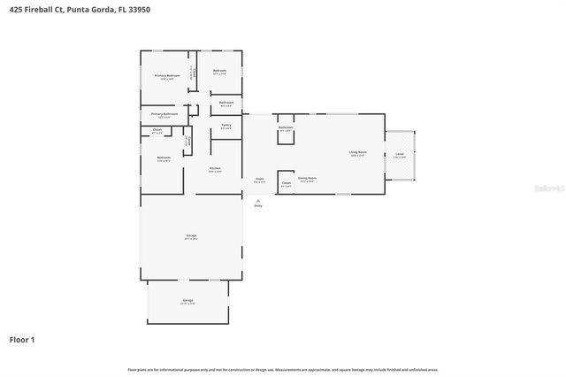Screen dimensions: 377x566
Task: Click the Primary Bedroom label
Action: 167,76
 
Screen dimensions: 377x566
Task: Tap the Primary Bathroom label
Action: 164,114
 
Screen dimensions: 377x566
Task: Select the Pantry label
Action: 226,127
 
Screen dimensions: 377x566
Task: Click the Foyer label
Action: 260,180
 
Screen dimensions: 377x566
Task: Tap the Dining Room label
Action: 307,179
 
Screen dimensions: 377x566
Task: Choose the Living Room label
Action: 357,153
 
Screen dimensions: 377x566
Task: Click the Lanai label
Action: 400,155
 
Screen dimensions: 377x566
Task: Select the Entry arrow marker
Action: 258,201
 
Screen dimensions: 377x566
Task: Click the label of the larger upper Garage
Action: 191,236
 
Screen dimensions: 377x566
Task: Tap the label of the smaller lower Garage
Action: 187,301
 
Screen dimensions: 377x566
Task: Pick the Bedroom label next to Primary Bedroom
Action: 219,71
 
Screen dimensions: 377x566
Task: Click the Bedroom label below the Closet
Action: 164,158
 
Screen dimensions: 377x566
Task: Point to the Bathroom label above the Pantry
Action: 226,103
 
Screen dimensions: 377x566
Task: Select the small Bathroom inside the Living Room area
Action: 286,128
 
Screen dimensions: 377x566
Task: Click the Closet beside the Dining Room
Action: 286,185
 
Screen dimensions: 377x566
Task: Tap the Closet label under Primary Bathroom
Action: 157,130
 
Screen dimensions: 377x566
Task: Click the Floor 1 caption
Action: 22,339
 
